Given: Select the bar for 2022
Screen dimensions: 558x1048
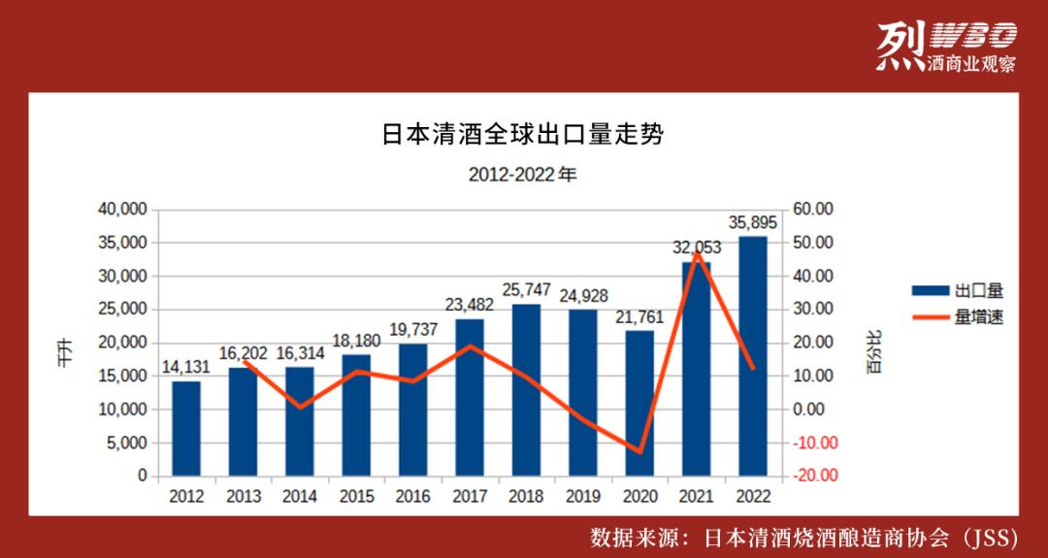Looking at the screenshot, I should click(x=753, y=355).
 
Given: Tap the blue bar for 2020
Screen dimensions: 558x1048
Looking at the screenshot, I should click(x=639, y=403).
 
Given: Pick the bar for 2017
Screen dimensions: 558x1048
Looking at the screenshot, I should click(x=470, y=397).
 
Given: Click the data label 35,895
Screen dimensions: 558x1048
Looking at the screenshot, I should click(x=753, y=223).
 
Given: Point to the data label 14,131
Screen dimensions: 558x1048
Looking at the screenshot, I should click(x=186, y=369).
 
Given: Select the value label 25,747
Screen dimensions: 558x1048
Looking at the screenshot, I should click(x=527, y=290).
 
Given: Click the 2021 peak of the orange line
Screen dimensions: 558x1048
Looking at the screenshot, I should click(x=697, y=252).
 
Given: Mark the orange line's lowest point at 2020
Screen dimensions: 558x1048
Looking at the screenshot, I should click(x=639, y=452).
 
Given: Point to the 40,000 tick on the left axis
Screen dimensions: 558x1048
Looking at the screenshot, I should click(x=122, y=210).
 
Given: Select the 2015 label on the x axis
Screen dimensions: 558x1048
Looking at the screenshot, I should click(x=356, y=497).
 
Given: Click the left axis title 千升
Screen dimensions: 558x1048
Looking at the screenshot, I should click(x=64, y=348).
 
